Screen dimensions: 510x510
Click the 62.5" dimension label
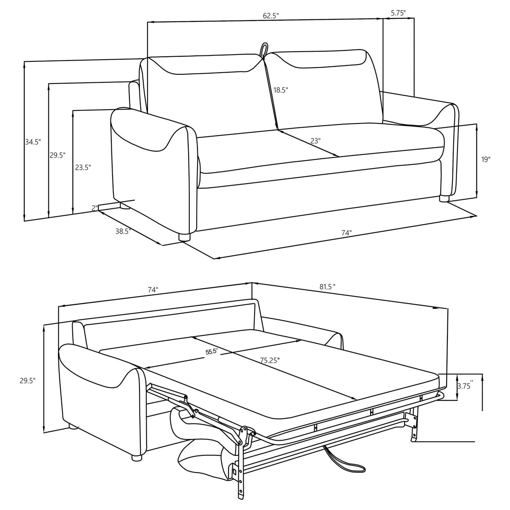coord(271,16)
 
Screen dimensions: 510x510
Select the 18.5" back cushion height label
coord(281,90)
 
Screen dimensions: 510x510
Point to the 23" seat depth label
coord(315,141)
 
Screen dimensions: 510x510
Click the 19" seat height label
coord(486,159)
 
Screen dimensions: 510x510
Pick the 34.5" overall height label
coord(33,142)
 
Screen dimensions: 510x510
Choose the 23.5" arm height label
coord(83,167)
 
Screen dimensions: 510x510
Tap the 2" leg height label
coord(95,208)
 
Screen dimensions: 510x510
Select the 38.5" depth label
coord(124,231)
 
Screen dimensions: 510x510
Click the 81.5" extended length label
coord(327,287)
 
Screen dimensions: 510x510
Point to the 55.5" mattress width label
coord(211,352)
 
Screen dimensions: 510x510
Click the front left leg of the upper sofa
coord(184,237)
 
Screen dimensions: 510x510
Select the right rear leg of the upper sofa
coord(444,198)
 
